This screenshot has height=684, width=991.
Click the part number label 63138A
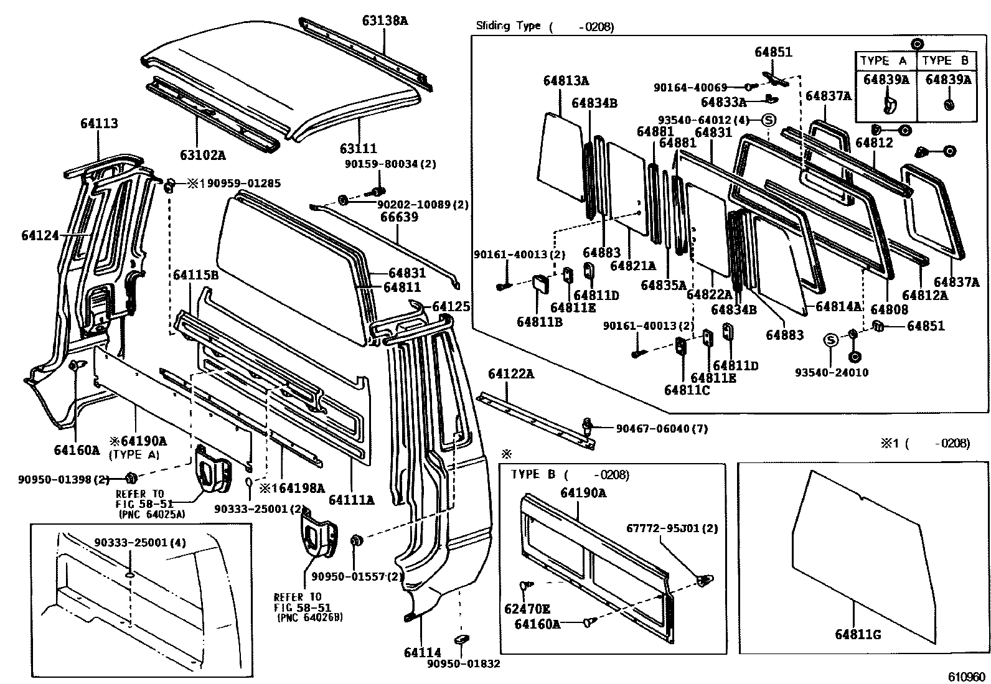coord(385,21)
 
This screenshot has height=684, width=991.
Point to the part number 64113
coord(98,124)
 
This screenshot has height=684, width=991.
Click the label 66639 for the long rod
coord(399,217)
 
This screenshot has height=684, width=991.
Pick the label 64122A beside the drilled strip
coord(511,374)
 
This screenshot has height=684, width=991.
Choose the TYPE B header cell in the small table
coord(945,60)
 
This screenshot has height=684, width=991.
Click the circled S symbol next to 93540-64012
coord(768,119)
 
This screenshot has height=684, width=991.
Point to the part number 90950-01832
coord(463,663)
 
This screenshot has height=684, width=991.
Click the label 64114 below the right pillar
coord(422,652)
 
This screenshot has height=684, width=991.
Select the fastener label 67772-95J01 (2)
coord(672,528)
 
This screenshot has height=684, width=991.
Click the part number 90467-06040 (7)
coord(661,428)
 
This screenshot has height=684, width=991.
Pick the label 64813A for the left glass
coord(566,80)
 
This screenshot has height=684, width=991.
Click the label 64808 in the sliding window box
coord(889,309)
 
